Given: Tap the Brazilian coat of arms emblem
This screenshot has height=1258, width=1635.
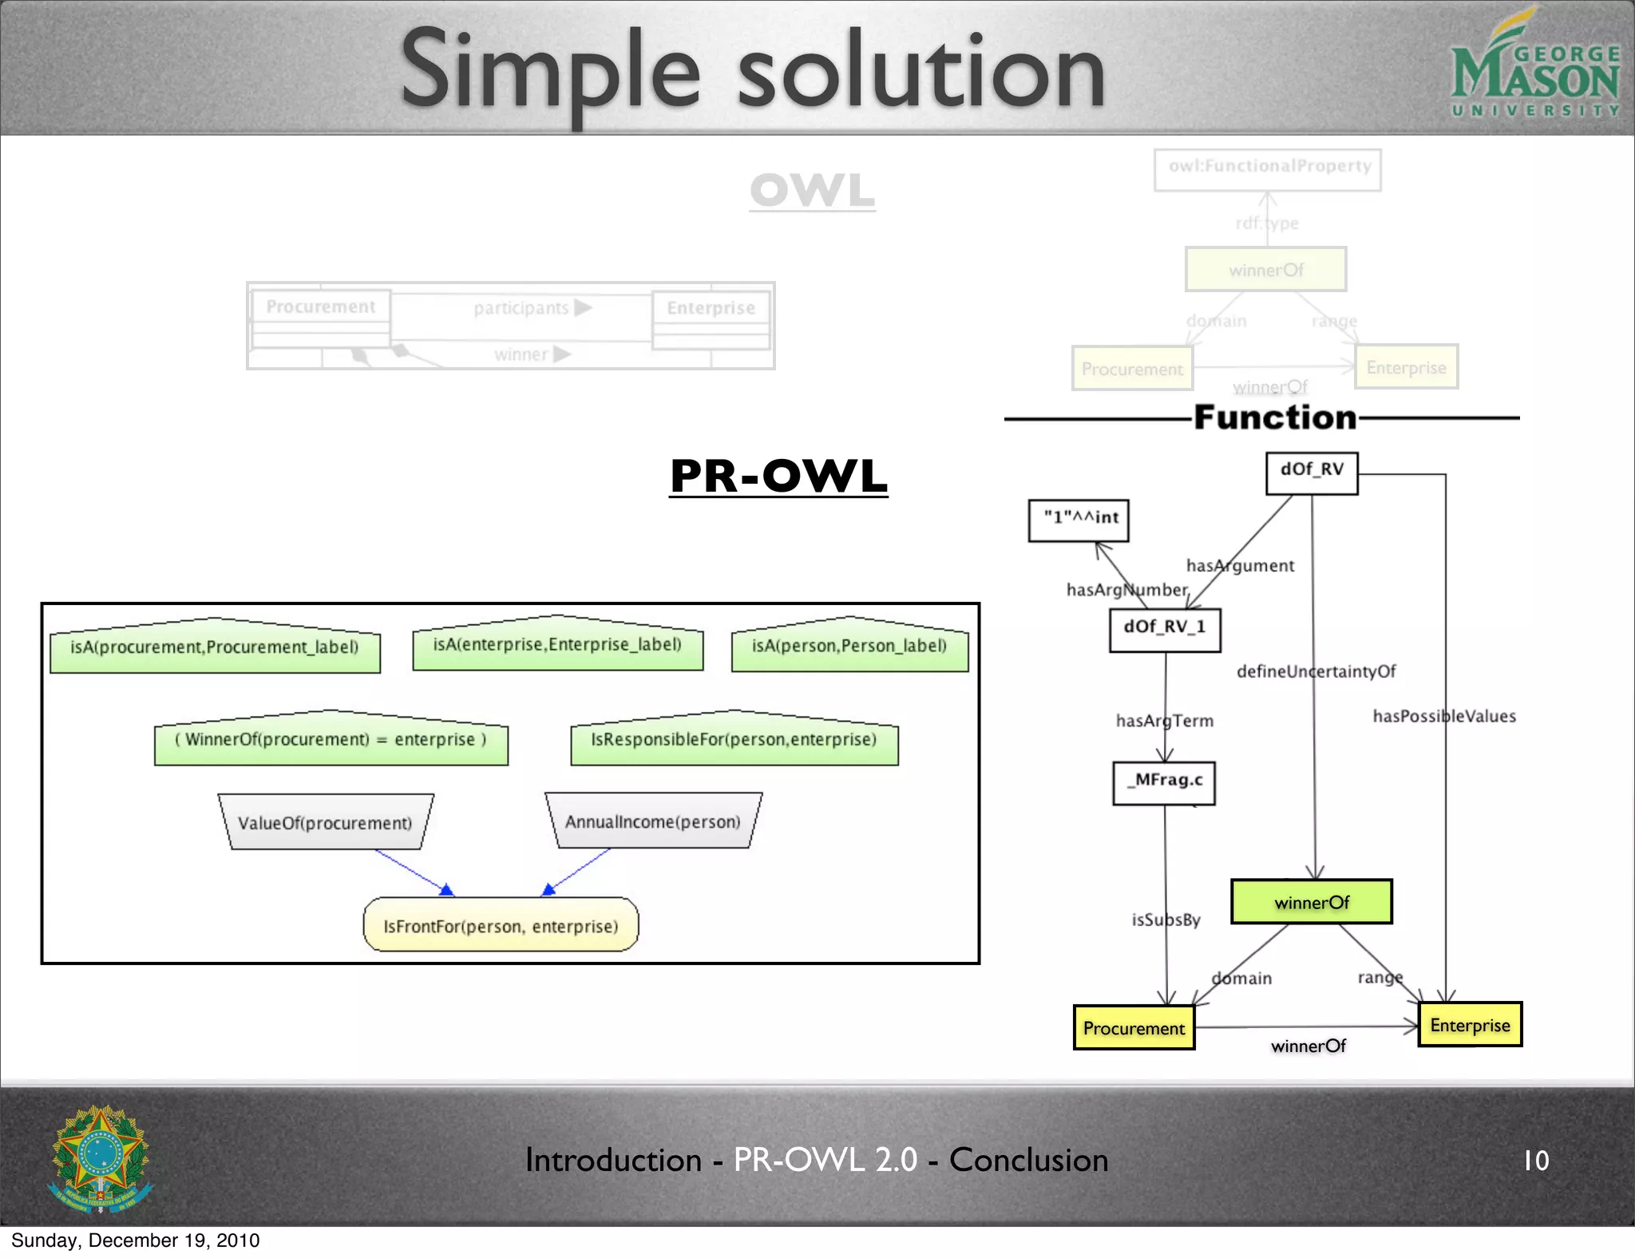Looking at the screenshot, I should point(101,1158).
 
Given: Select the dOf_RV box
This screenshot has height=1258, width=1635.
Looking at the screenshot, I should point(1312,473).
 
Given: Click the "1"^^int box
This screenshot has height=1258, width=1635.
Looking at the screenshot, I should point(1079,520).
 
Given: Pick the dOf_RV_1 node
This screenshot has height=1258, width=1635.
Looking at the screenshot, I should point(1165,630).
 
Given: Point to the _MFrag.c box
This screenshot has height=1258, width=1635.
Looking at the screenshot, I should point(1164,783).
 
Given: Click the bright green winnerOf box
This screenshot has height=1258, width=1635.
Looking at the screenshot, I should point(1312,902).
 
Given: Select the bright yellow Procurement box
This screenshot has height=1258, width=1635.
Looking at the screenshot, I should point(1134,1028).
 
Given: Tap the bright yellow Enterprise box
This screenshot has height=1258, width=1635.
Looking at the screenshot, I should point(1470,1025).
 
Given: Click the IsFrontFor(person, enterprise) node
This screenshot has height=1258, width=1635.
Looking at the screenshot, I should point(501,925).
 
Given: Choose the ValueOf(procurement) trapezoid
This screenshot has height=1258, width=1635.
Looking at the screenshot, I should point(325,822).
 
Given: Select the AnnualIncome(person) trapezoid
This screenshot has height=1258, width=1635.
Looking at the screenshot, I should point(652,821).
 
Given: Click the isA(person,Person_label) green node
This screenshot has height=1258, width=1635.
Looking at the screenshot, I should point(849,647).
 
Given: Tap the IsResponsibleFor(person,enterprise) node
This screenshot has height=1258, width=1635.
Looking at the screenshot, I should point(734,740).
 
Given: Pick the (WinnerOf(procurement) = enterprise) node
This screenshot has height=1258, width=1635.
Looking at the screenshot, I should point(331,740).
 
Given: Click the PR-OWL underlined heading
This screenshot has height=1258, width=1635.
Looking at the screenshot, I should point(778,477).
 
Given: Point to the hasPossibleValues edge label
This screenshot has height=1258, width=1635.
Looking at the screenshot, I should point(1443,716).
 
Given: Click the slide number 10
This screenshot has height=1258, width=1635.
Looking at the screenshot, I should point(1535,1160).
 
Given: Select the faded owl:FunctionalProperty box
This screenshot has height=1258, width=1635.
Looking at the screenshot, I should point(1268,169).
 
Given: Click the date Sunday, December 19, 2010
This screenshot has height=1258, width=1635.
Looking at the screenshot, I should point(135,1240).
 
